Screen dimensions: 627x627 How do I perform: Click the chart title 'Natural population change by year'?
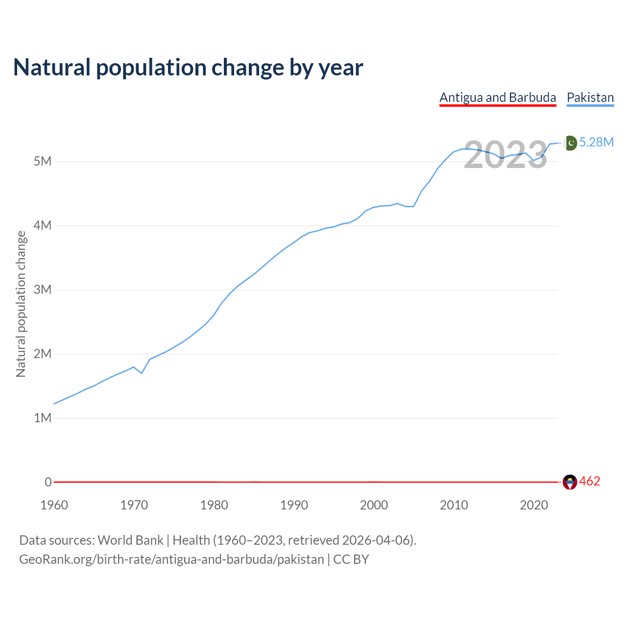188,68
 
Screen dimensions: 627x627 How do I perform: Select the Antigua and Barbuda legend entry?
498,97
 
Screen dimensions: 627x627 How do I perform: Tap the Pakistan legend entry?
590,97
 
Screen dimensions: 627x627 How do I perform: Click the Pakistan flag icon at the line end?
570,143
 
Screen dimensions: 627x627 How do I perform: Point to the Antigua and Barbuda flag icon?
570,482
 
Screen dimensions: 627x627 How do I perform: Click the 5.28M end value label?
597,142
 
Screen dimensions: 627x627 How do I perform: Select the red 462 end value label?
590,482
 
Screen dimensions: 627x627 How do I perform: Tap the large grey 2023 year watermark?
506,155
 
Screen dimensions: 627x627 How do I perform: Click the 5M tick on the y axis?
43,161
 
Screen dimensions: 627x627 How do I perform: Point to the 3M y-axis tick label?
43,289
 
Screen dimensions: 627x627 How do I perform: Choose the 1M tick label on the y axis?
43,418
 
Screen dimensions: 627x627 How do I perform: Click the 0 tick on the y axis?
48,482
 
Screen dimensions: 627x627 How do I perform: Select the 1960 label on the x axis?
54,505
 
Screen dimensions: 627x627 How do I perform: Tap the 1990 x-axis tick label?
294,505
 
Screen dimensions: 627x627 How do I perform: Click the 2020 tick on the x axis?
534,505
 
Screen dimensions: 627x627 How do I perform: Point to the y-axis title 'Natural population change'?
21,304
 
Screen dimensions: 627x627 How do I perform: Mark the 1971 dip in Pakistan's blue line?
142,373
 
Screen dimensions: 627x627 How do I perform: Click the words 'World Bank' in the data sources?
130,540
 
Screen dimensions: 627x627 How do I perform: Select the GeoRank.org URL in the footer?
171,559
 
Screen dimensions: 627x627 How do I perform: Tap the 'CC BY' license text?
351,559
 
